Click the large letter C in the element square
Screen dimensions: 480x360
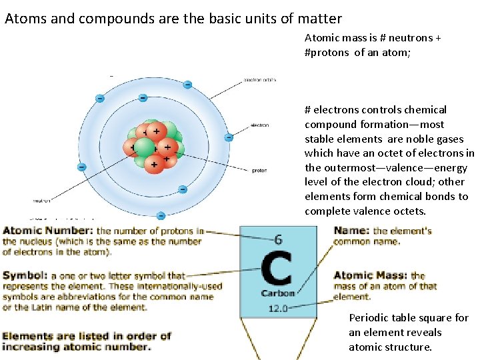(x=277, y=269)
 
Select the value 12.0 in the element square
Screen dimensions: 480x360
(x=278, y=308)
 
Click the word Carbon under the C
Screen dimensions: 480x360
(x=278, y=293)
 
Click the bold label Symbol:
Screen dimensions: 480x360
(x=27, y=275)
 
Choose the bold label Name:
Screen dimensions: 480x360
(x=351, y=231)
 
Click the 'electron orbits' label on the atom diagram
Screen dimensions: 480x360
(x=259, y=80)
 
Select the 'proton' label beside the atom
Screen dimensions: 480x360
(x=259, y=171)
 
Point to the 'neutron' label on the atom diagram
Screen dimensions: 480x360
(x=41, y=199)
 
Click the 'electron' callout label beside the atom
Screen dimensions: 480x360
(x=259, y=125)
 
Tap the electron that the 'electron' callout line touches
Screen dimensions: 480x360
(x=229, y=137)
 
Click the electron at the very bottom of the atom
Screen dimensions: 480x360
(x=161, y=215)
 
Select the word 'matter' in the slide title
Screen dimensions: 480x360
(x=319, y=19)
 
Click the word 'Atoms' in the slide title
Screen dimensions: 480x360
(x=24, y=19)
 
